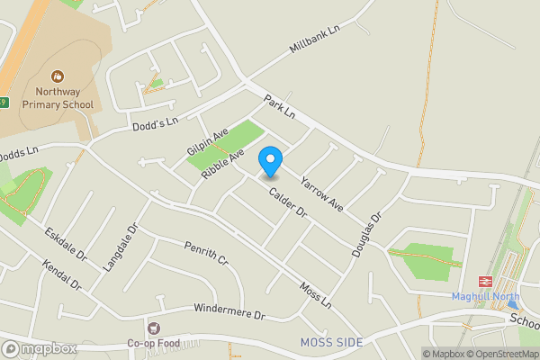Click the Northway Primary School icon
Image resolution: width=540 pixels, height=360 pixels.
click(x=58, y=77)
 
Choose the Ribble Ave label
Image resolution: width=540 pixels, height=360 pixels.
click(x=223, y=163)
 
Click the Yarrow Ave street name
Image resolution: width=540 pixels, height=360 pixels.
click(x=321, y=193)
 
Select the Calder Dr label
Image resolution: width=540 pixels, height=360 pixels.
click(x=287, y=202)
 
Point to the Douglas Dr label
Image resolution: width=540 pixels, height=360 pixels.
click(x=367, y=236)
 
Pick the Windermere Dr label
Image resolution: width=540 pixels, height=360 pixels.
click(x=229, y=312)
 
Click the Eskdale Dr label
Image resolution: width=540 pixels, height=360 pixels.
click(x=66, y=244)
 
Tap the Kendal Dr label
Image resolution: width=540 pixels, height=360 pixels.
click(x=61, y=276)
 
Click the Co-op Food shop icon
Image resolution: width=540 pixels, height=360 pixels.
click(x=154, y=329)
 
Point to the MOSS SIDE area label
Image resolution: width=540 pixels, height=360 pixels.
click(x=332, y=343)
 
